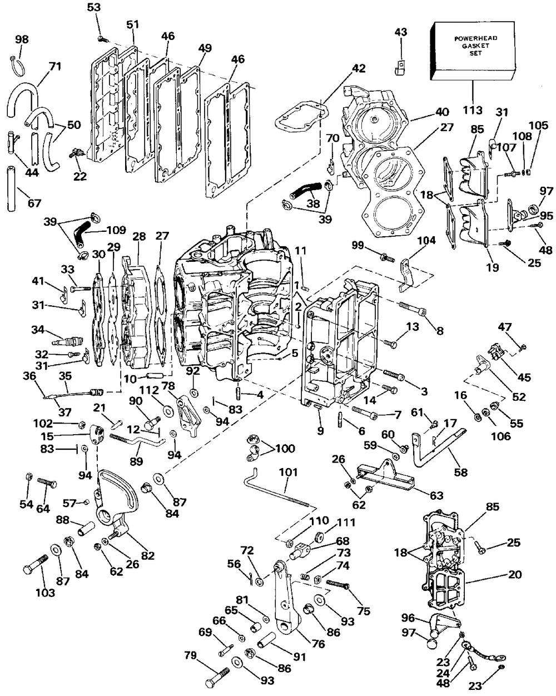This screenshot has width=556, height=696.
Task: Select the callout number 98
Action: [x=22, y=39]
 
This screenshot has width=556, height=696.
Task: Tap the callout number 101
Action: [x=289, y=473]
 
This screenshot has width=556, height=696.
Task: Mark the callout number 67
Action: [x=34, y=203]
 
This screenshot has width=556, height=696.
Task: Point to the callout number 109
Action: [x=116, y=230]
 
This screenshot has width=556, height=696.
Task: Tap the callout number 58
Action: [x=461, y=473]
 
